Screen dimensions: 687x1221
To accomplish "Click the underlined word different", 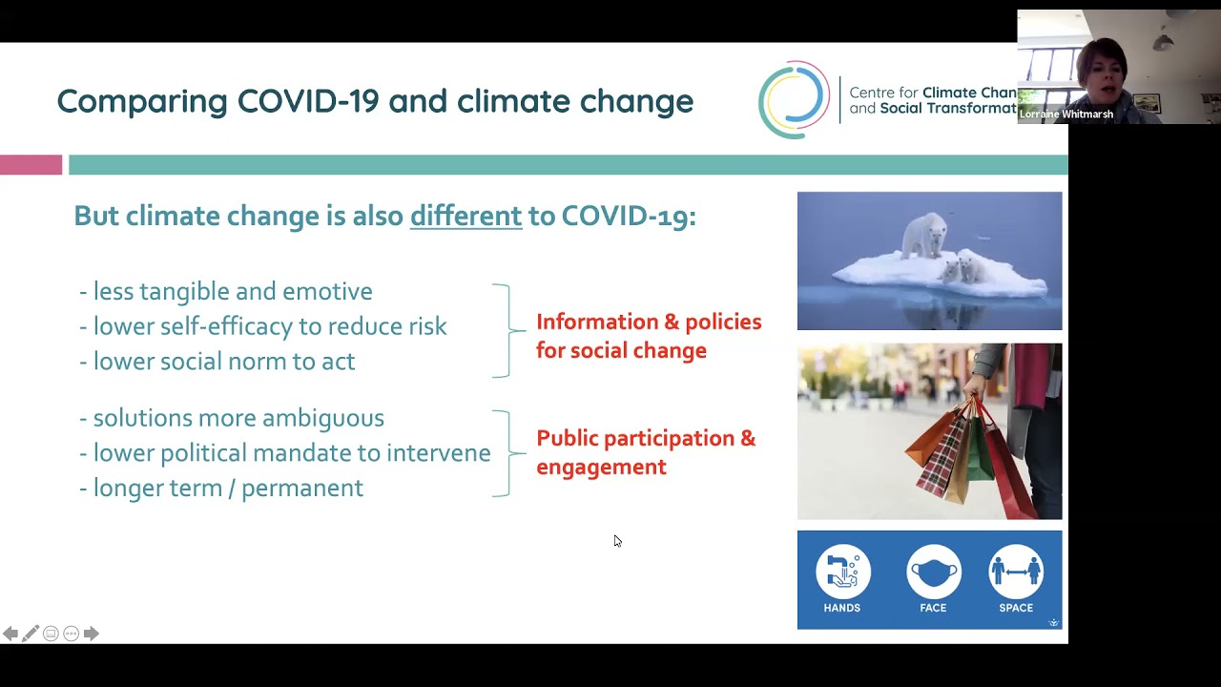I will (466, 216).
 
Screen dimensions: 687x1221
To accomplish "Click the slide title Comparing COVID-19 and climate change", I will (375, 101).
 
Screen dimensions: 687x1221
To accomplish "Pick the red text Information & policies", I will (649, 323).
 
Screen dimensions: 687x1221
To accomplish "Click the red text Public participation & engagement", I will (645, 451).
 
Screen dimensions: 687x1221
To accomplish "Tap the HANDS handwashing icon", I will (842, 572).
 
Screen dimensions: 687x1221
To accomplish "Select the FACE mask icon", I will (933, 572).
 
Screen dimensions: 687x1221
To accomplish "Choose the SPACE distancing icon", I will (1016, 572).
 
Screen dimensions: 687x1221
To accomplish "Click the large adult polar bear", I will (924, 236).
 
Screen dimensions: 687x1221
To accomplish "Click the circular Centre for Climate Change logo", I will (794, 99).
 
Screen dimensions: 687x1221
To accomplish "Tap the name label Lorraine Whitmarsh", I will (1066, 114).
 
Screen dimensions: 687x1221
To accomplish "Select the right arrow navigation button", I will (91, 634).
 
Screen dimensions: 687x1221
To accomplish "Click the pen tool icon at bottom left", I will (31, 634).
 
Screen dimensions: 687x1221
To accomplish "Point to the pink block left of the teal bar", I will (31, 165).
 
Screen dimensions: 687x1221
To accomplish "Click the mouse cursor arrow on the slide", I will (616, 540).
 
